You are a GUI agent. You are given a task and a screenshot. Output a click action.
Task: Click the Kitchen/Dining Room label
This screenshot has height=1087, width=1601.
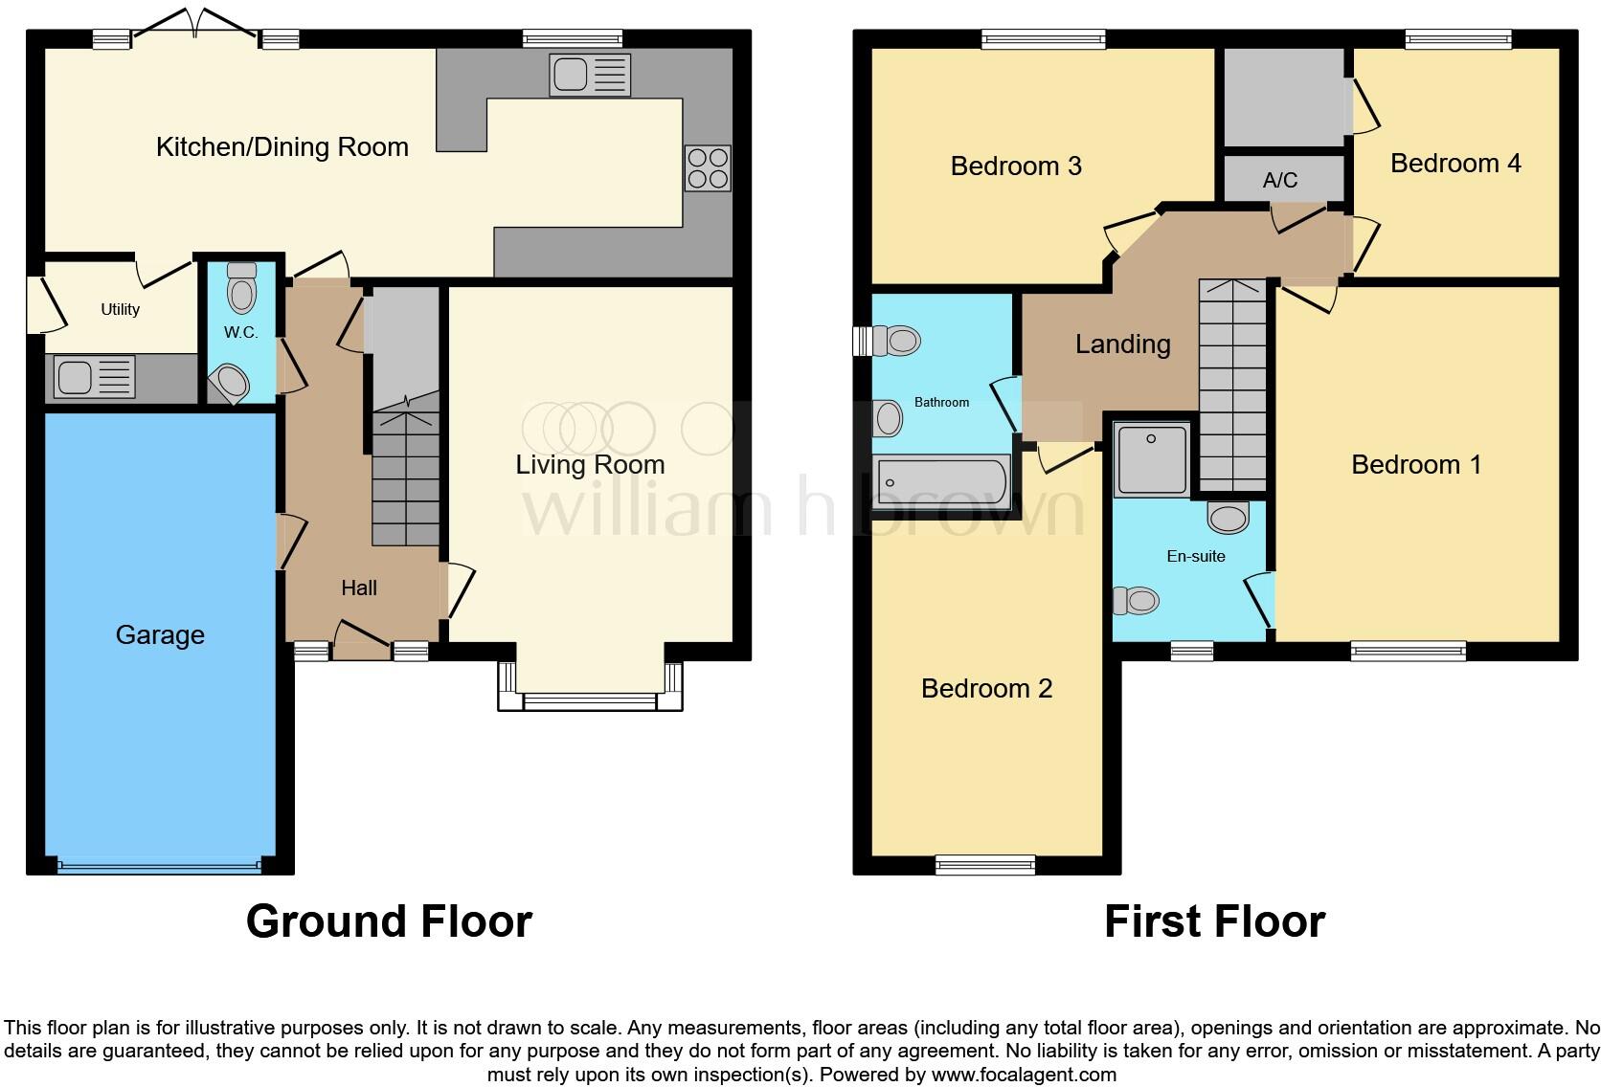click(282, 147)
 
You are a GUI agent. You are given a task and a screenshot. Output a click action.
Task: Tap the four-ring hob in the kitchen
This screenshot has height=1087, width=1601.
click(708, 168)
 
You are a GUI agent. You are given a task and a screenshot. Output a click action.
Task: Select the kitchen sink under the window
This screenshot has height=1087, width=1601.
click(590, 75)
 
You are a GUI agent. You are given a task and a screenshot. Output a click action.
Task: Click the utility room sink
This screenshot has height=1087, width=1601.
click(94, 377)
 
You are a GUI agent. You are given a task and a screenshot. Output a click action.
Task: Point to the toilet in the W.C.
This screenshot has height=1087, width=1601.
click(242, 287)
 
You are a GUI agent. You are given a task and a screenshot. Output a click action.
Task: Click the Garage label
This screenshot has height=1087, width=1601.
click(160, 635)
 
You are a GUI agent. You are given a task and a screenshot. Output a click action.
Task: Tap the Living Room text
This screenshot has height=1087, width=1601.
click(590, 465)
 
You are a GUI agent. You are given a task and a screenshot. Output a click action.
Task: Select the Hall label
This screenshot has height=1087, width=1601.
click(359, 588)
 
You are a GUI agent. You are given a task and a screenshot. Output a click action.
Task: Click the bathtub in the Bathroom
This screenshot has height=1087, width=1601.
click(943, 481)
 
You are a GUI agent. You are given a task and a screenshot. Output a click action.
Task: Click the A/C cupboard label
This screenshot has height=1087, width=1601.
click(1280, 180)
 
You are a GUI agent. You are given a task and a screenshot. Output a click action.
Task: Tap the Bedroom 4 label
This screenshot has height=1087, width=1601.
click(1455, 164)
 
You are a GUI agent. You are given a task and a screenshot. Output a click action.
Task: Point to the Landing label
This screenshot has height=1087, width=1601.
click(1122, 344)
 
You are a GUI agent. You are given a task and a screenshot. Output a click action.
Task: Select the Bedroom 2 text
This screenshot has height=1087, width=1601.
click(986, 689)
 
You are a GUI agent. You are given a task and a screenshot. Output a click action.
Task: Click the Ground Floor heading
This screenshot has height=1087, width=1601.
click(389, 921)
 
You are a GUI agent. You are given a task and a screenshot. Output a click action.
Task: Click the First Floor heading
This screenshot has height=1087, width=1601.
click(1214, 921)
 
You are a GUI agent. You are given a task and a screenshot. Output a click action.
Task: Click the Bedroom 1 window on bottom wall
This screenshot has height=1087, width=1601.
click(1408, 651)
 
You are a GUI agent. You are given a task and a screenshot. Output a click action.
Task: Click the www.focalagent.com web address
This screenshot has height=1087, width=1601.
click(1024, 1075)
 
